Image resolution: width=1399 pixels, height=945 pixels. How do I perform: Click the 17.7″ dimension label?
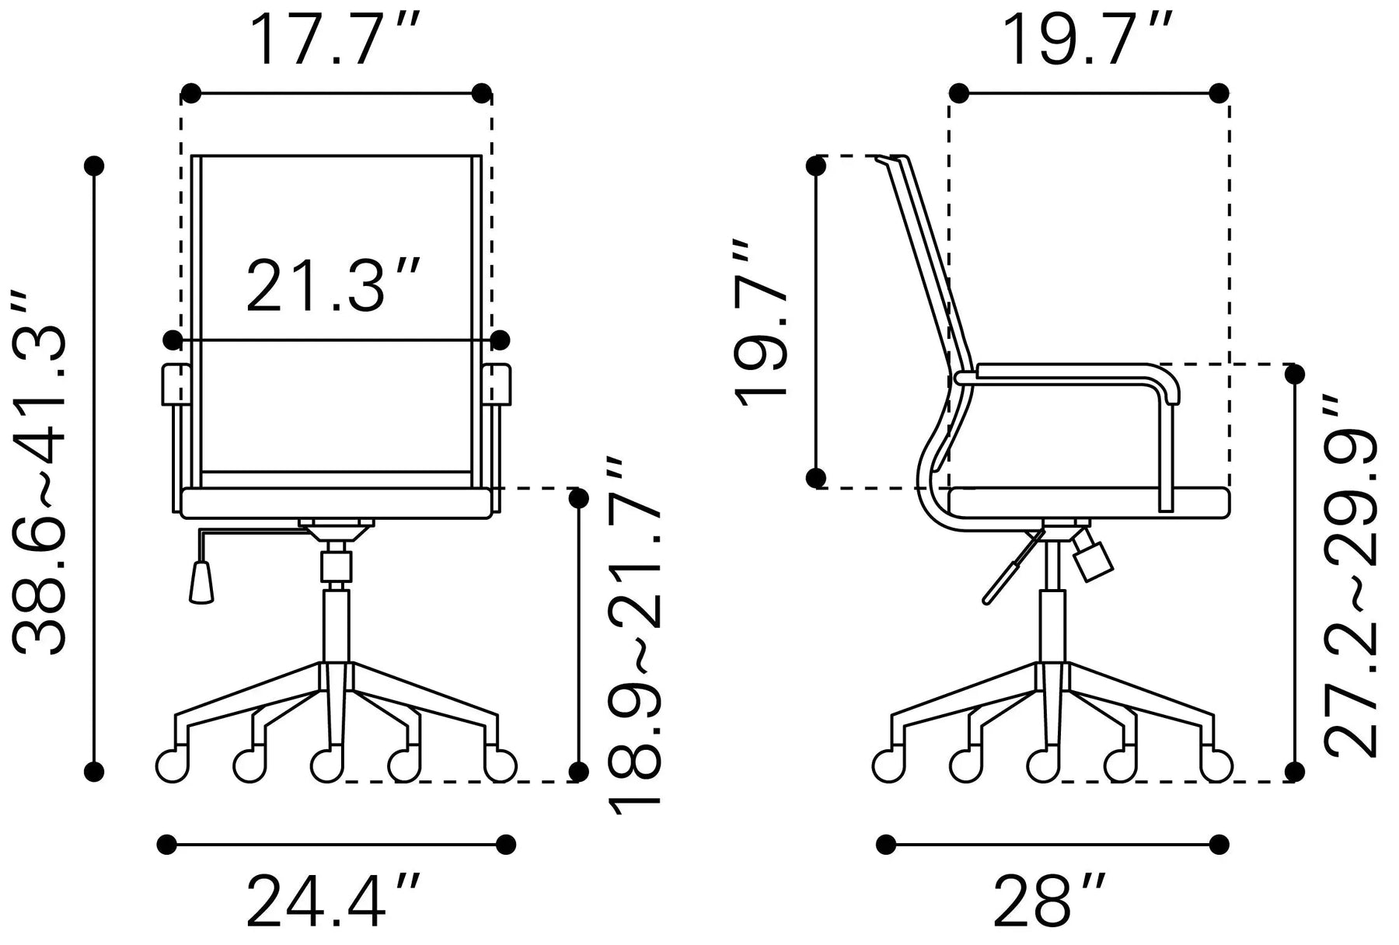pos(337,40)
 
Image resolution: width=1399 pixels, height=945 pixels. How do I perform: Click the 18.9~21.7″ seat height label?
pos(635,635)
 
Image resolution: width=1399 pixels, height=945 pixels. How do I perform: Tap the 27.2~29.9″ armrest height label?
pos(1351,576)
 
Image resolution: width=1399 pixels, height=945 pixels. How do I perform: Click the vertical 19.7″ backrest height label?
pos(761,324)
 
